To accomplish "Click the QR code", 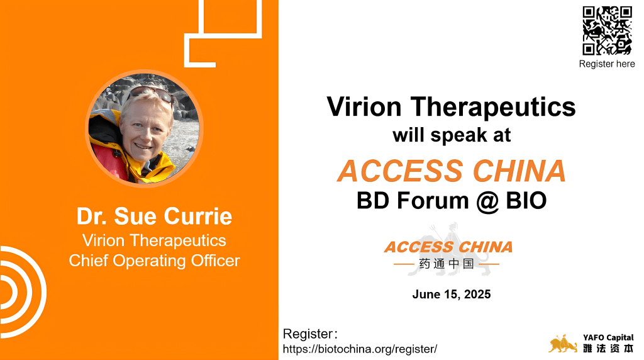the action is (607, 30).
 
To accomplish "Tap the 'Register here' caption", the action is (607, 64).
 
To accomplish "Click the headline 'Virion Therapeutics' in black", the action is (451, 107).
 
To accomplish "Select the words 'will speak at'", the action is (452, 135).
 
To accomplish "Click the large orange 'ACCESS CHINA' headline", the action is (452, 171).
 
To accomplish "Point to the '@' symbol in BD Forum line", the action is (487, 201).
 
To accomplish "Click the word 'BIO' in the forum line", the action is (526, 201).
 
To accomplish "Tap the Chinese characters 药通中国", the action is (447, 264).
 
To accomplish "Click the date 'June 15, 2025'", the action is (452, 295).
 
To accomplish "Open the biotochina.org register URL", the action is (360, 349).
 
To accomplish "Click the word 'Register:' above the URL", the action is (310, 334).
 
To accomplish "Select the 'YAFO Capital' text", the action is (608, 337).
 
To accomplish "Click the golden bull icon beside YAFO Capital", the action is (563, 344).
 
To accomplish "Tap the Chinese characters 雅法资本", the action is (608, 349).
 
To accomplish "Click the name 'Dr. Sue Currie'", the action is (155, 216).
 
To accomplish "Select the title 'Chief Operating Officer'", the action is (155, 261).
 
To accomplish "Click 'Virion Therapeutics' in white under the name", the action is (155, 240).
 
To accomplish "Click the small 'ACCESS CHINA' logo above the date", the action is (448, 247).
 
